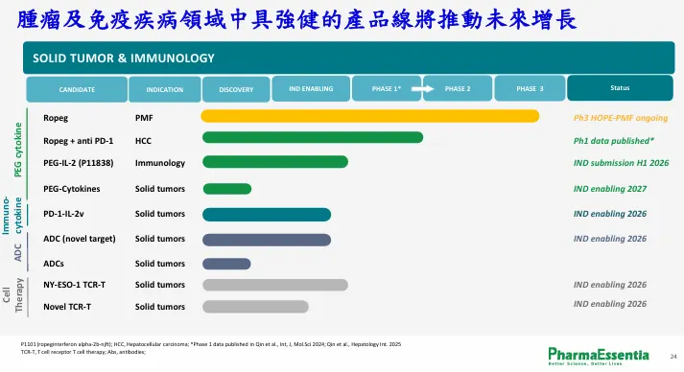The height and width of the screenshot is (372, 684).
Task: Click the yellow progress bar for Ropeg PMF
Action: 369,116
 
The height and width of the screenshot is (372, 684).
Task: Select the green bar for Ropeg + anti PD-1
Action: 312,138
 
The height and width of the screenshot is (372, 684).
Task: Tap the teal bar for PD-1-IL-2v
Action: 266,214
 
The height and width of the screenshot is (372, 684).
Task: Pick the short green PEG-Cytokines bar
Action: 226,188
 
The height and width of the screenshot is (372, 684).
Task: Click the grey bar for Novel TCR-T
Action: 255,307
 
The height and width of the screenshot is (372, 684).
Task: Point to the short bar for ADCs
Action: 226,263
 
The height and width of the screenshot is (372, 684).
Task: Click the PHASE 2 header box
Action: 457,89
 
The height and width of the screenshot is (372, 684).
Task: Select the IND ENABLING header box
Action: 311,89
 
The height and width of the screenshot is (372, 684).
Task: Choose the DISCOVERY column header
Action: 235,89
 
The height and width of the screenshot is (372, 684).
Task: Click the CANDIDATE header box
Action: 77,89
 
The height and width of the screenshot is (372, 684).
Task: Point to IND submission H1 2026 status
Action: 621,163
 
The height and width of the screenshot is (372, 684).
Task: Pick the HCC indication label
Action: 143,140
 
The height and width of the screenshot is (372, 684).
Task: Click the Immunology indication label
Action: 159,163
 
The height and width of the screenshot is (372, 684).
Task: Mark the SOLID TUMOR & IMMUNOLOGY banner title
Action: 123,58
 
